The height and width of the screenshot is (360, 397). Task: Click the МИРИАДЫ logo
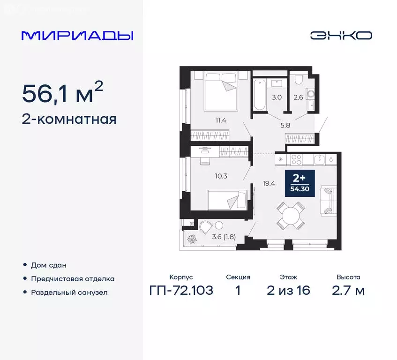pyautogui.click(x=78, y=36)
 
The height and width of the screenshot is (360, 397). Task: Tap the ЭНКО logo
pyautogui.click(x=341, y=36)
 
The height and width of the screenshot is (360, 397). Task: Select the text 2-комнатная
pyautogui.click(x=69, y=119)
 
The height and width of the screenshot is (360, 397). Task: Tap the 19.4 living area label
pyautogui.click(x=269, y=184)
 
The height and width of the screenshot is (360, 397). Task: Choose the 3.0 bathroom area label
pyautogui.click(x=277, y=97)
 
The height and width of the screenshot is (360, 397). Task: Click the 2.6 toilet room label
pyautogui.click(x=299, y=97)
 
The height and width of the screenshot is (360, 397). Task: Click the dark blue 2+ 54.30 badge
pyautogui.click(x=300, y=184)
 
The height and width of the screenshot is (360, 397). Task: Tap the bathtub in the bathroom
pyautogui.click(x=260, y=96)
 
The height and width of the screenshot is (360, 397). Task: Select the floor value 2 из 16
pyautogui.click(x=288, y=291)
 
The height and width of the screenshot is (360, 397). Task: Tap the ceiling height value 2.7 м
pyautogui.click(x=347, y=291)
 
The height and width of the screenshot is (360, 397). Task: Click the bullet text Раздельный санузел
pyautogui.click(x=69, y=292)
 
